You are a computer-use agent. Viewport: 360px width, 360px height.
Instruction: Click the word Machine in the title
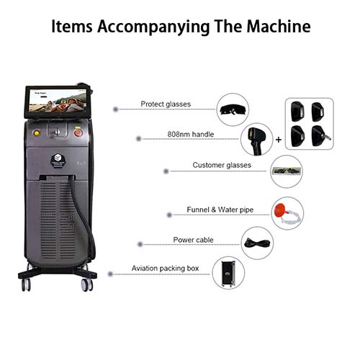point(279,26)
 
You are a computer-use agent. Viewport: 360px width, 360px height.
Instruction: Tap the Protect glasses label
point(166,104)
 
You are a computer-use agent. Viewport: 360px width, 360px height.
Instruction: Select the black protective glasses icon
point(233,110)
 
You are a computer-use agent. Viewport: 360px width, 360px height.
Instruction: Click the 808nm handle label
point(191,134)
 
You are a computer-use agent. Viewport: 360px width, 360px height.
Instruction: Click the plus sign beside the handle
point(279,140)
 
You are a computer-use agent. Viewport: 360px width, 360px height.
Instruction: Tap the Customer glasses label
point(222,165)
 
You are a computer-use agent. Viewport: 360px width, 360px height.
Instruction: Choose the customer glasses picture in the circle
point(286,171)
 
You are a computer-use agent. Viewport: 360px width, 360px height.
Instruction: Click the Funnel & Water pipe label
point(220,210)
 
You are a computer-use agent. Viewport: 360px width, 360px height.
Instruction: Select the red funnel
point(280,210)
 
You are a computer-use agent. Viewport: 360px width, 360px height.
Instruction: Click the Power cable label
point(193,240)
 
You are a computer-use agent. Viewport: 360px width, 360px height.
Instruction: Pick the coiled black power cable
point(257,243)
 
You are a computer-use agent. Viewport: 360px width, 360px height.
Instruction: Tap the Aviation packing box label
point(165,269)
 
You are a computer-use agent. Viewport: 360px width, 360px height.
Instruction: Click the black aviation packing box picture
point(228,274)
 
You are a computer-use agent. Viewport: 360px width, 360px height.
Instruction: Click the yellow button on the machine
point(37,132)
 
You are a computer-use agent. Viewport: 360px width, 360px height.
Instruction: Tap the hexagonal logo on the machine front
point(58,160)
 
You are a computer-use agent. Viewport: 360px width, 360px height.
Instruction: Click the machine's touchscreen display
point(57,101)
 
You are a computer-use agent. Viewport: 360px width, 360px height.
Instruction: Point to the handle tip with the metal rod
point(321,136)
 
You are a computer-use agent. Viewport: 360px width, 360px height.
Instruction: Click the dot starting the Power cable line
point(140,244)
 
